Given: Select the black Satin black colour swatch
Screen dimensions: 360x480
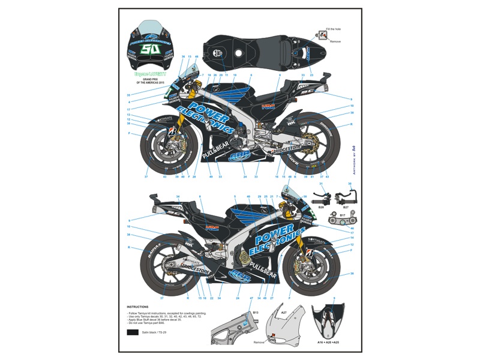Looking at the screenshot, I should click(x=132, y=332).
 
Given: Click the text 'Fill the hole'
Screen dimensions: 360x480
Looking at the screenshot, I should click(x=334, y=29).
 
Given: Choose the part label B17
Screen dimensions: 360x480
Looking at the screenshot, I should click(x=342, y=214).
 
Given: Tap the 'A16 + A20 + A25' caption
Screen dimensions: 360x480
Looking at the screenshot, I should click(x=332, y=342).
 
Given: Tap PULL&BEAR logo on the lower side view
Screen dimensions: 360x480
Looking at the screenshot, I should click(x=262, y=266).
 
